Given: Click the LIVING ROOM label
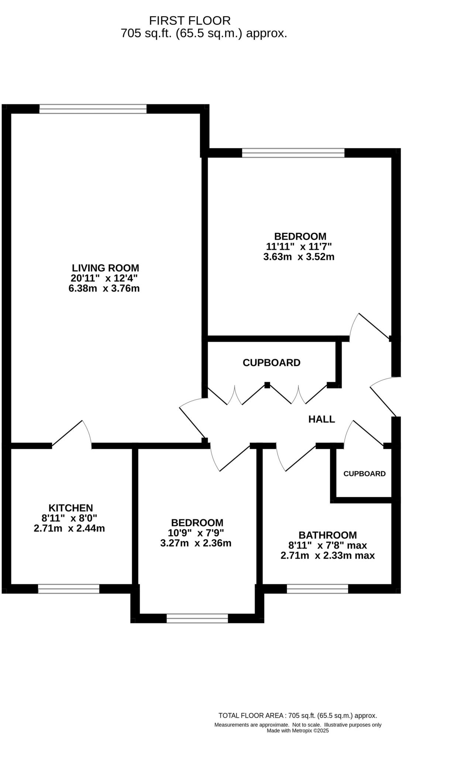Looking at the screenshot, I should pos(105,268).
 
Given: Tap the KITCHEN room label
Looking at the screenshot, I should pos(70,508).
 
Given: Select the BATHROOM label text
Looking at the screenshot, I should pos(327,535).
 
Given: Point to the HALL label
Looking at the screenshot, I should pos(321,419).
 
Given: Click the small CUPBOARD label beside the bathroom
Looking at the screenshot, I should pos(364,473).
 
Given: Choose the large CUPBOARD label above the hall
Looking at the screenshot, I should pos(271,363).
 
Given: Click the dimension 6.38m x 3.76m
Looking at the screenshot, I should pos(104,288).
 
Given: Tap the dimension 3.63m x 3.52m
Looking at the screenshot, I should pos(299,257).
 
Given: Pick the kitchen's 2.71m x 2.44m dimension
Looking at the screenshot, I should pos(69,529).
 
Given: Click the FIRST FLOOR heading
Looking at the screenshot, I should pos(190,20).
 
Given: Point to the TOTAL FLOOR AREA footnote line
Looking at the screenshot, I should pos(297,716).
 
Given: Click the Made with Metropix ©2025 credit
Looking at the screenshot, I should pos(297,730).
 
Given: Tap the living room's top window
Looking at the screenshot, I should pos(93,109).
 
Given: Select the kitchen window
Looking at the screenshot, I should pos(69,589).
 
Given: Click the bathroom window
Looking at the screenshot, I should pos(317,589).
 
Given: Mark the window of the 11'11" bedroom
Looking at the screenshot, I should pos(293,153).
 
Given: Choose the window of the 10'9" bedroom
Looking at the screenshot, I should pos(197,618).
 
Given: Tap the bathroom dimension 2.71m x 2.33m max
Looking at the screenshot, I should pos(327,556).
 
